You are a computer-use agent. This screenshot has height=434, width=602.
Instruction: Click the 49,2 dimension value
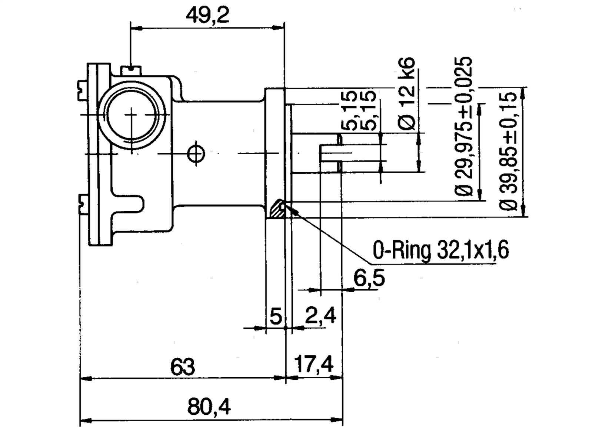tap(207, 16)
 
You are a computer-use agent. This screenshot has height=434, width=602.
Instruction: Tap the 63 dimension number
tap(182, 367)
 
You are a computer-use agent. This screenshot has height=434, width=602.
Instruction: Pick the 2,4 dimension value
tap(320, 316)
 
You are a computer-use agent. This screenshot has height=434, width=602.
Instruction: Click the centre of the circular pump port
tap(131, 115)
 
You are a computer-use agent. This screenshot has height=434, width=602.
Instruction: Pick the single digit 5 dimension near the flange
tap(276, 317)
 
